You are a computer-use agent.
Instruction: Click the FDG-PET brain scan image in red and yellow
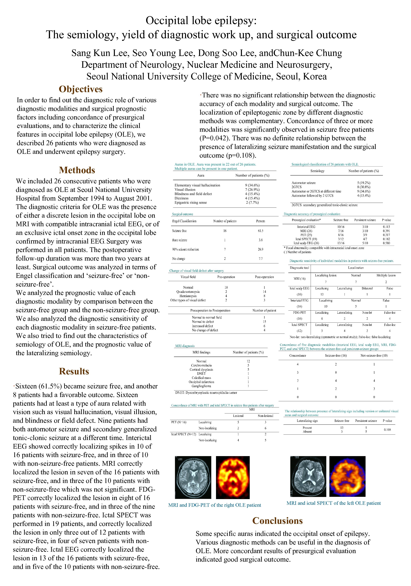(233, 477)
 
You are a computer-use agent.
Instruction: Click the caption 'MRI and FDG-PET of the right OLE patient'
(215, 505)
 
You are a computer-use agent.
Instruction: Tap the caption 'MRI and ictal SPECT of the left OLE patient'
(333, 503)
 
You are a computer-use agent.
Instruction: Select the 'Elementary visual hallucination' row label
(197, 185)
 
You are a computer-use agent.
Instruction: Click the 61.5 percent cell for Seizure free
(260, 231)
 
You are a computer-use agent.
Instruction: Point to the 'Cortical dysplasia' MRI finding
(201, 370)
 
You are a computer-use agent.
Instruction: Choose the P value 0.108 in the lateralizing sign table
(387, 430)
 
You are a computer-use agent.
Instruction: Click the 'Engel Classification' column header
(184, 221)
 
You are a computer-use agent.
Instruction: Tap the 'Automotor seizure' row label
(303, 183)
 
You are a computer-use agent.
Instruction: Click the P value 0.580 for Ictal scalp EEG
(386, 243)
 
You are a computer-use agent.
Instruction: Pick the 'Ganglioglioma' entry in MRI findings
(201, 386)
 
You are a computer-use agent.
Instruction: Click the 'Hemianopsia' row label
(188, 296)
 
